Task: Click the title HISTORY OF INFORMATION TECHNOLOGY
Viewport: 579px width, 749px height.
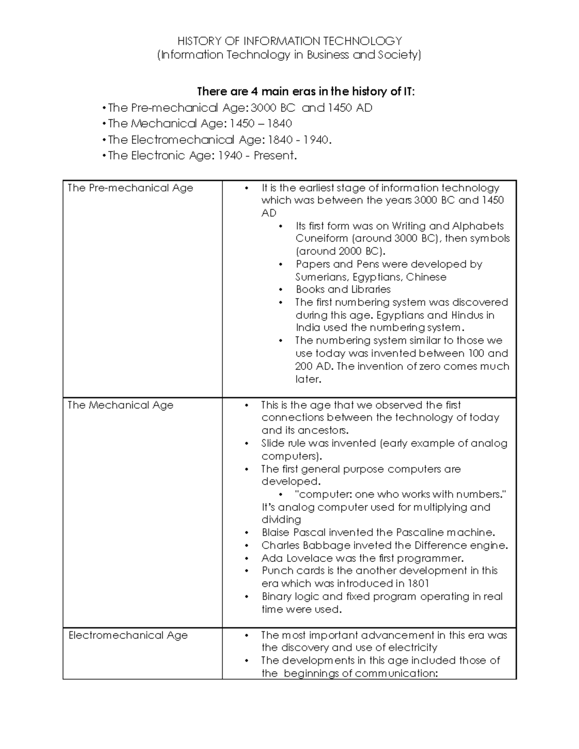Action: [289, 41]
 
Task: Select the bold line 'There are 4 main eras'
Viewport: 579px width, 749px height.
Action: [306, 91]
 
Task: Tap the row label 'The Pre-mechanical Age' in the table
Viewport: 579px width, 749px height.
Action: [130, 188]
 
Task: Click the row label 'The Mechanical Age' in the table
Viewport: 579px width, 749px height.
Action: [120, 405]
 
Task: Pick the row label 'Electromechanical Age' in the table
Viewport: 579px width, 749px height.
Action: [128, 635]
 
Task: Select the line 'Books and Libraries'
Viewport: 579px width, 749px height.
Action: [343, 289]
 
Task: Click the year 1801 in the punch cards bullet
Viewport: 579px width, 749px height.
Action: [418, 584]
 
